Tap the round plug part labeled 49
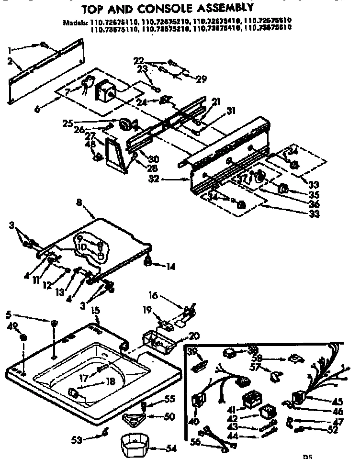(23, 339)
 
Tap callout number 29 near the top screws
(201, 79)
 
